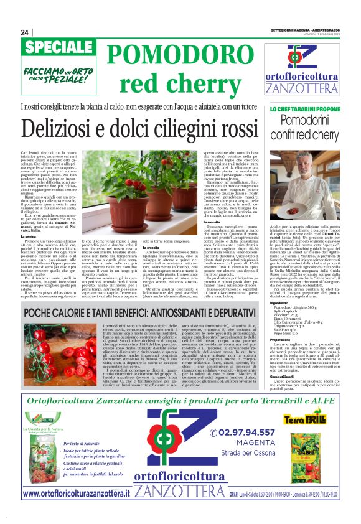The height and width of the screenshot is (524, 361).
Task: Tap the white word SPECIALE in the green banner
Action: (57, 48)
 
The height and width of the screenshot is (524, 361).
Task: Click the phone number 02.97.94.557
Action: (243, 416)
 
